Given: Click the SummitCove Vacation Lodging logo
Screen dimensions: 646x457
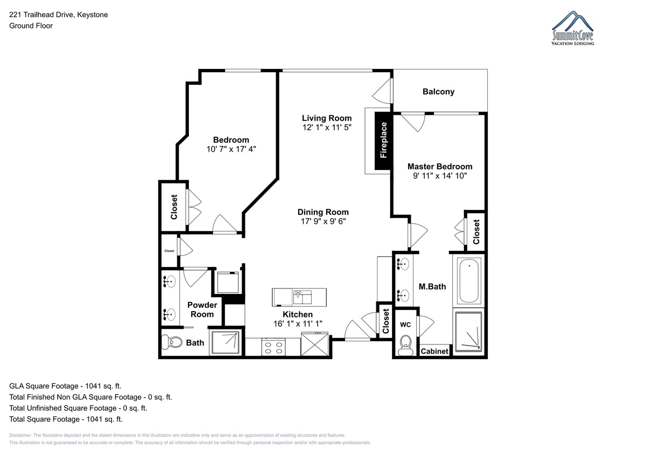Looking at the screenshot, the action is [x=572, y=28].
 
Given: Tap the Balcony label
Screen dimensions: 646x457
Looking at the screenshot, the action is [x=438, y=92].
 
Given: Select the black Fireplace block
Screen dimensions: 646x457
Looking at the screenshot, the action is [x=383, y=140].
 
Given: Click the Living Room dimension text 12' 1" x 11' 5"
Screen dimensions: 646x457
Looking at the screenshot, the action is [x=327, y=128].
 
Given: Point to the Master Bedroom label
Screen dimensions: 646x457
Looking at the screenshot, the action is [x=440, y=166].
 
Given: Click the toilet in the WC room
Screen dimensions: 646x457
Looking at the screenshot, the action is [x=406, y=345].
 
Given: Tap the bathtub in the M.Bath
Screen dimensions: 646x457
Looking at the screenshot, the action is [x=469, y=280].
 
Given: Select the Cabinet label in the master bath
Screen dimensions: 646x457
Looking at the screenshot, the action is [x=434, y=351].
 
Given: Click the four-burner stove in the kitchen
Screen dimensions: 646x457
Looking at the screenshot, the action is [x=273, y=347].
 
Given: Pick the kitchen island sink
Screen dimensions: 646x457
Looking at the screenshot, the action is [x=302, y=297].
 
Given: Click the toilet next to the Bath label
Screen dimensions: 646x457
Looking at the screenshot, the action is [x=172, y=342].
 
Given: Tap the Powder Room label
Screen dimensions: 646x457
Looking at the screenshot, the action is [x=202, y=310].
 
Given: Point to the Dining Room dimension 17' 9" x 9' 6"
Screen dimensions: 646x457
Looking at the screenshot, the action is [x=324, y=221].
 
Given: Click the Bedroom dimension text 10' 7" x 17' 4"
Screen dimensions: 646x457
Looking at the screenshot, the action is [x=231, y=149].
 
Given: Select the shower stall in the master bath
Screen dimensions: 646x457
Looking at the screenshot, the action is [x=469, y=331].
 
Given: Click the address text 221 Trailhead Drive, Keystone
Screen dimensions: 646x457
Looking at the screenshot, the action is [x=59, y=15].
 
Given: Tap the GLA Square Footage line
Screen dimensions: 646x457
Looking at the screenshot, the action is [x=65, y=386].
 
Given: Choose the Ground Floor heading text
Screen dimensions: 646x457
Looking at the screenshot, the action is [x=31, y=26].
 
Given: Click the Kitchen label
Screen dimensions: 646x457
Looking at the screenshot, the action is [x=298, y=314].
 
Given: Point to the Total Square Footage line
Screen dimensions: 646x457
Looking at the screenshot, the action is [x=66, y=419].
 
